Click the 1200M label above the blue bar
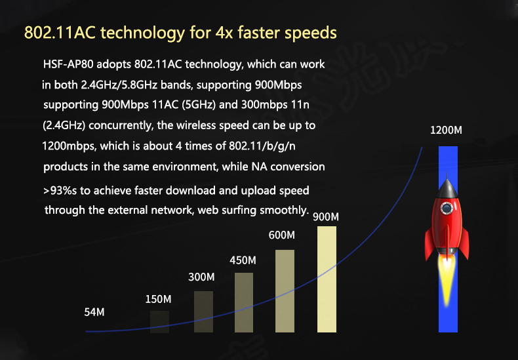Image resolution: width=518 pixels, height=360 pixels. coord(446,130)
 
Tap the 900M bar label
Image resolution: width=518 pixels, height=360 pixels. coord(326,216)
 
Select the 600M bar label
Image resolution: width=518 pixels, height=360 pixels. coord(282,235)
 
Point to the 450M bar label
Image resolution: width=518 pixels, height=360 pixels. coord(243,260)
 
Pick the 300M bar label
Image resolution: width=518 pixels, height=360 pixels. coord(201,277)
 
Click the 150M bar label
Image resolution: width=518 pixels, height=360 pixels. coord(159,299)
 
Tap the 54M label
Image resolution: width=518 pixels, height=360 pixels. coord(94,312)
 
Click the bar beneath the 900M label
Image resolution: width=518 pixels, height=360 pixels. coord(327,279)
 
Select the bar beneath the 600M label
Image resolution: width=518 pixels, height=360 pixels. coord(285,291)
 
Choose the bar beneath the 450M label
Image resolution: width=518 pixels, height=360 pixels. coord(244,302)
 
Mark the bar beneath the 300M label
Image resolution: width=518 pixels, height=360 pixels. coord(203,311)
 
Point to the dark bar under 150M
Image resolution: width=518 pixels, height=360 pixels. coord(159,322)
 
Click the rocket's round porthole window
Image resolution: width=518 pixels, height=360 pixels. coord(447,208)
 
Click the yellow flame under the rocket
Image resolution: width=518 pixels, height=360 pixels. coord(447,281)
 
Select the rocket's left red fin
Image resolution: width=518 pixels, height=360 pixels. coord(429,243)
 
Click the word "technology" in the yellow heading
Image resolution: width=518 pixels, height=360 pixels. coord(143,33)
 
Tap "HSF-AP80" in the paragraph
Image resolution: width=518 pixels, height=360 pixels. coord(68,64)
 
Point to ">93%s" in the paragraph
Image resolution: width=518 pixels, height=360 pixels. coord(60,191)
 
